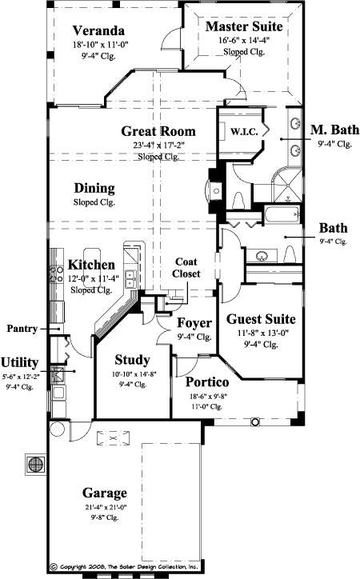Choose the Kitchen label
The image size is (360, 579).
pyautogui.click(x=91, y=265)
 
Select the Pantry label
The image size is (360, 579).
pyautogui.click(x=23, y=329)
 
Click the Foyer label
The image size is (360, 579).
pyautogui.click(x=194, y=323)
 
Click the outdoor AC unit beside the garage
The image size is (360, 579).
pyautogui.click(x=34, y=463)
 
